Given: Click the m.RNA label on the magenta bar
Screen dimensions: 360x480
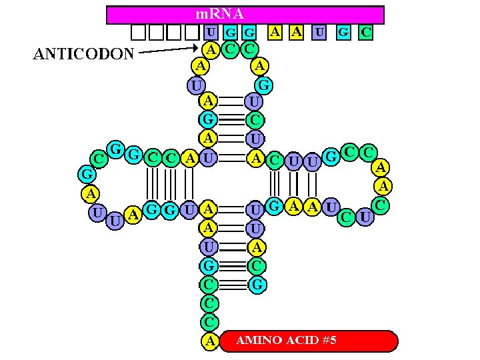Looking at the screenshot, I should tap(219, 13).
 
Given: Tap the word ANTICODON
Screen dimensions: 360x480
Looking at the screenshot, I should tap(83, 54).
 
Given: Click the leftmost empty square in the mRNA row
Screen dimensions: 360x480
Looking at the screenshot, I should tap(138, 32).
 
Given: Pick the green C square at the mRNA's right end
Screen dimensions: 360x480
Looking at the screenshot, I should tap(365, 31).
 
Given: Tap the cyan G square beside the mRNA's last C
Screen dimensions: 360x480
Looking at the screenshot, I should tap(343, 31).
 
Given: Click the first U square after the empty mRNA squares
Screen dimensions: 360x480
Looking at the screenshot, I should tap(210, 32).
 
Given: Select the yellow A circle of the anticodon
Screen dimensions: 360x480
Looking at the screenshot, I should tap(211, 48).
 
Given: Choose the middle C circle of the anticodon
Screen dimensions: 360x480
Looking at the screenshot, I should tap(230, 48).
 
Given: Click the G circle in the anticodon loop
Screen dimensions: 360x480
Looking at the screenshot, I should tap(264, 85).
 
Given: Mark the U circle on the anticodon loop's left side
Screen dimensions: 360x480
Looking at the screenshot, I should tap(195, 85).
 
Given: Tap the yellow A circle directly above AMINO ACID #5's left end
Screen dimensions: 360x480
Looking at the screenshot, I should tap(210, 341).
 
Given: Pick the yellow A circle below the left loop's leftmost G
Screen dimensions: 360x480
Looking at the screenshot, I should tap(89, 194).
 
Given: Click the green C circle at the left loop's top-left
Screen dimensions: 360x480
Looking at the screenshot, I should tap(99, 159).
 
